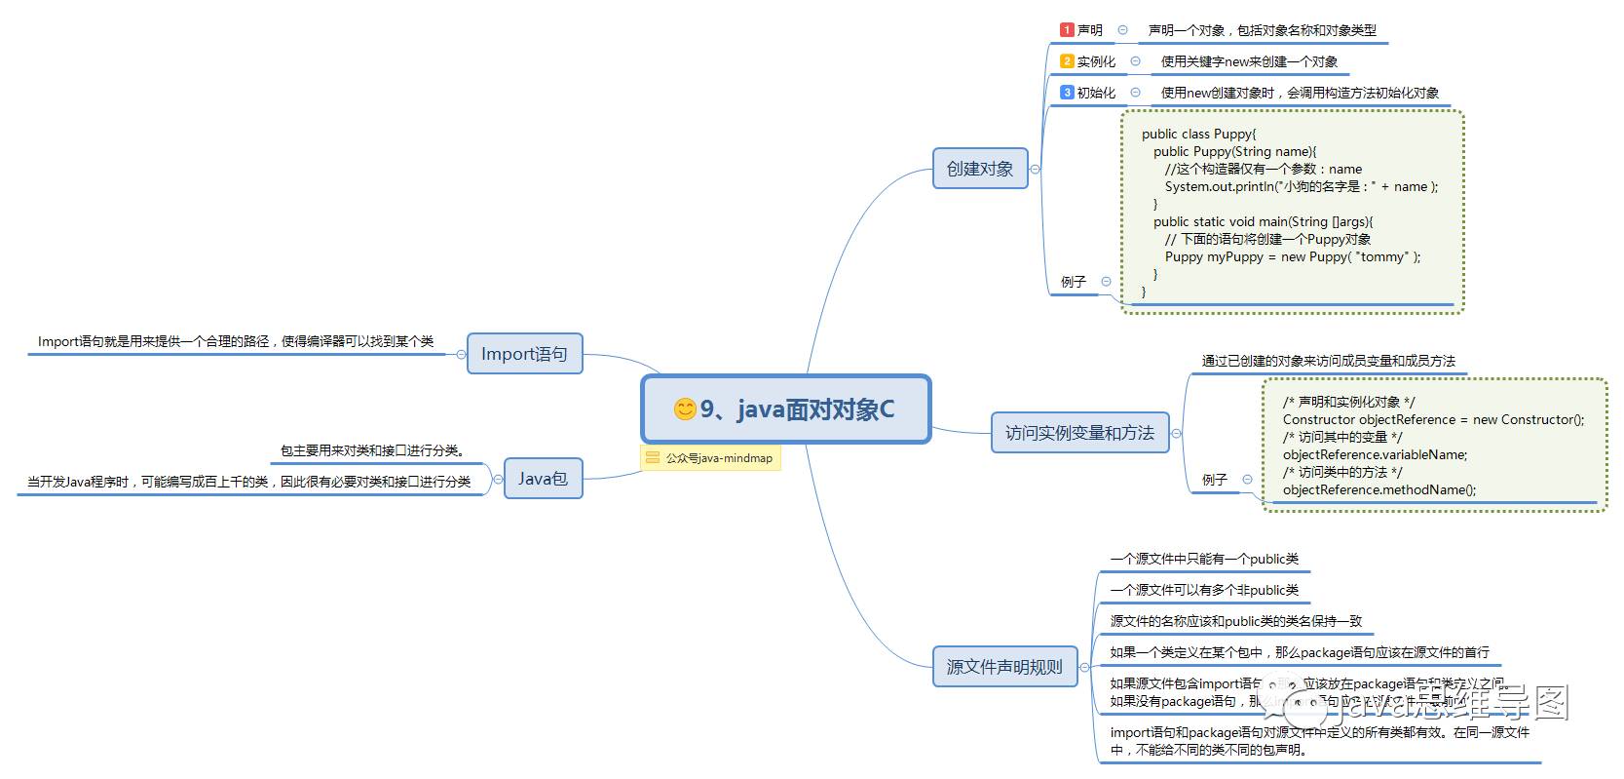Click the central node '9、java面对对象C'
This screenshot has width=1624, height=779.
(x=786, y=409)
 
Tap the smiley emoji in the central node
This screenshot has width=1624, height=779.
(x=685, y=409)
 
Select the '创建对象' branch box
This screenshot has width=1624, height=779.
(x=980, y=169)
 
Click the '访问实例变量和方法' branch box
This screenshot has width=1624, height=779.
(x=1079, y=433)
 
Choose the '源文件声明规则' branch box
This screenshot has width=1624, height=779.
(x=1004, y=667)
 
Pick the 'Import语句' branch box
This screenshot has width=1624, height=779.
(x=524, y=354)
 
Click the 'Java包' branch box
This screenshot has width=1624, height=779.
(x=543, y=479)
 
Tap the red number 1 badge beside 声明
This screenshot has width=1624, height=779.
(x=1067, y=30)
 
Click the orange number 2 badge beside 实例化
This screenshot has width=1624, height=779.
(x=1067, y=61)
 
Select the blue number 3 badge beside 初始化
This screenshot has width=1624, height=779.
(x=1067, y=93)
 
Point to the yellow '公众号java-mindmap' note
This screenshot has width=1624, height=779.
(x=710, y=458)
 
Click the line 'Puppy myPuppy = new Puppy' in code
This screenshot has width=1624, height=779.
(x=1292, y=257)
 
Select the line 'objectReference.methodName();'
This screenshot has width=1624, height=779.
(x=1379, y=490)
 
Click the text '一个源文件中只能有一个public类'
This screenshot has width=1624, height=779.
(x=1204, y=560)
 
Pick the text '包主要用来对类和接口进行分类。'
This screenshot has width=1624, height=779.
(x=372, y=450)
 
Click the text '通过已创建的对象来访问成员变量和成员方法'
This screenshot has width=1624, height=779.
(x=1328, y=361)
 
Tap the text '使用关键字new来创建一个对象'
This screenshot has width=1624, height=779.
(x=1249, y=61)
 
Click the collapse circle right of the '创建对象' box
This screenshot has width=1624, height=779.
(x=1035, y=169)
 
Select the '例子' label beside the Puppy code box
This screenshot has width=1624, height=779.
(x=1073, y=282)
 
